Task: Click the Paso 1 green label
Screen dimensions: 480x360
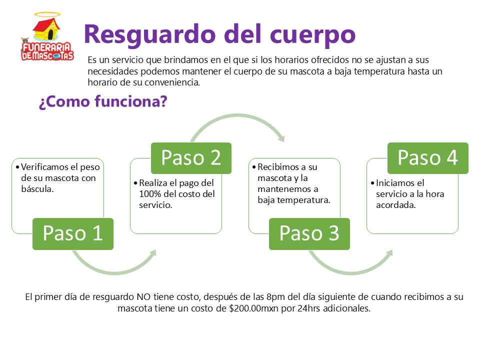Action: pos(73,233)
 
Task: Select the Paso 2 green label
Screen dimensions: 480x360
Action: pos(191,158)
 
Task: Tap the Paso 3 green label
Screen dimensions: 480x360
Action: pos(309,233)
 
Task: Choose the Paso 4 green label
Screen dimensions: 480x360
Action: pos(428,158)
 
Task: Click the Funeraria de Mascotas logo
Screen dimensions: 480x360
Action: pos(47,37)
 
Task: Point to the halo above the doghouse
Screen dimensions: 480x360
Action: pos(46,15)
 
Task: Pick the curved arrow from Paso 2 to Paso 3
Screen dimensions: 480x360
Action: pos(237,122)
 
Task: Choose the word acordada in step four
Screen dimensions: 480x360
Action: pos(395,204)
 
